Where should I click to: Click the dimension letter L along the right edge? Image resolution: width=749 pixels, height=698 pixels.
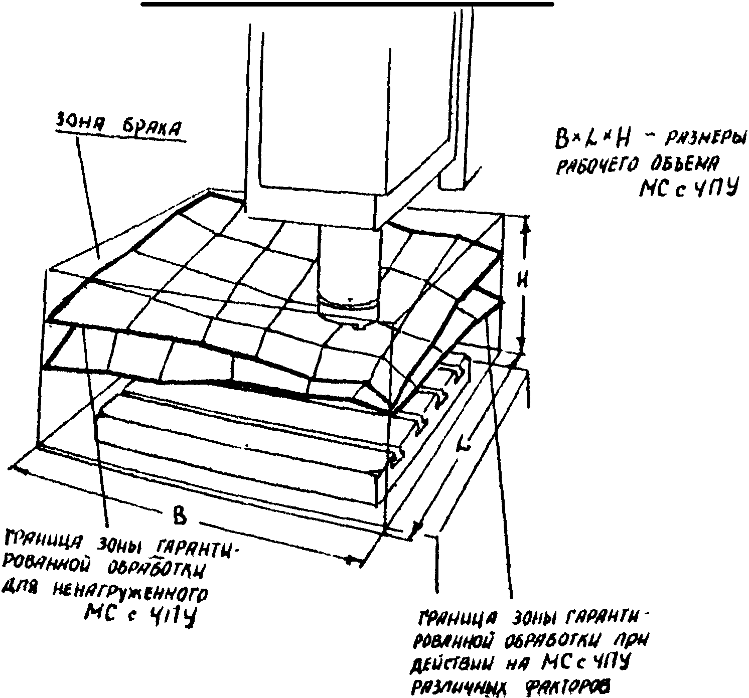click(465, 444)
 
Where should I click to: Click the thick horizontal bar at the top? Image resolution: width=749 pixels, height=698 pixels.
click(347, 4)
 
